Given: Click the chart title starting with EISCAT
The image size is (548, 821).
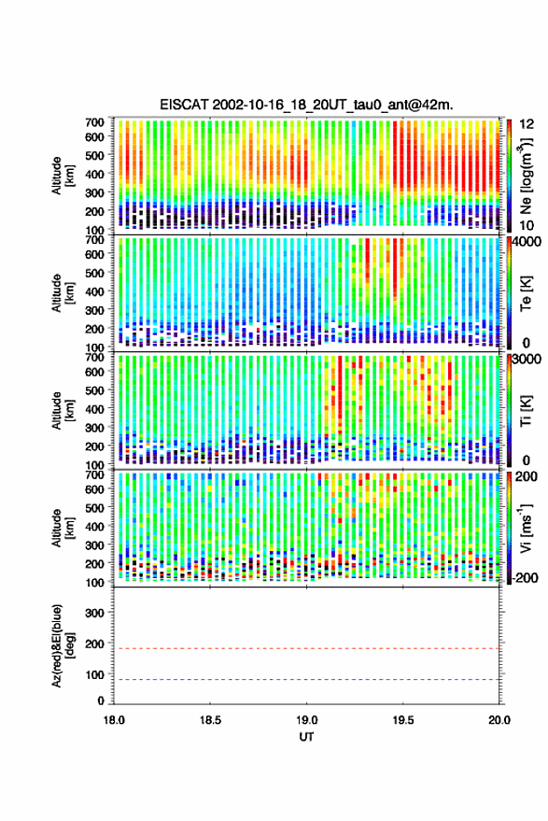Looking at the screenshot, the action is click(x=306, y=105).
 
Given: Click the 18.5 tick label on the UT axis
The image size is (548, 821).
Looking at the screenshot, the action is click(x=210, y=720).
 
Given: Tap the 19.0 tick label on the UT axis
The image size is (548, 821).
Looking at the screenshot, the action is click(x=306, y=720).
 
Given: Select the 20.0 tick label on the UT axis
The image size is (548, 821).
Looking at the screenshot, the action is click(x=499, y=720).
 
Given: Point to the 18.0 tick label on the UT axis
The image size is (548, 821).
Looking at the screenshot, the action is click(x=114, y=720).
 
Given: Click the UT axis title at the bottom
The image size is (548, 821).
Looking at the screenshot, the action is click(x=306, y=737).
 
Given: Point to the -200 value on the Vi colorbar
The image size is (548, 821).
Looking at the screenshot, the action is click(x=525, y=577).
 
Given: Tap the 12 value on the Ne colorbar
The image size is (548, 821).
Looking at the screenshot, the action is click(x=527, y=124).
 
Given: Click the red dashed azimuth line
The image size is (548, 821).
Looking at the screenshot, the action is click(x=306, y=648).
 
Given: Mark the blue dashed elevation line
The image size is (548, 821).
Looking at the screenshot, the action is click(x=306, y=679).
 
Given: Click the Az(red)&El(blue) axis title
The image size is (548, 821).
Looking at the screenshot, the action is click(x=63, y=645).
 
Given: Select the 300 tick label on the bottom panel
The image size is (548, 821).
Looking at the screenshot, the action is click(x=94, y=613).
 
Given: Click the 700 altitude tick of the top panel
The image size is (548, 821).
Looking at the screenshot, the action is click(x=94, y=122).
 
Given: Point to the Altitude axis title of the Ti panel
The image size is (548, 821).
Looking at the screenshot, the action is click(x=63, y=411).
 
